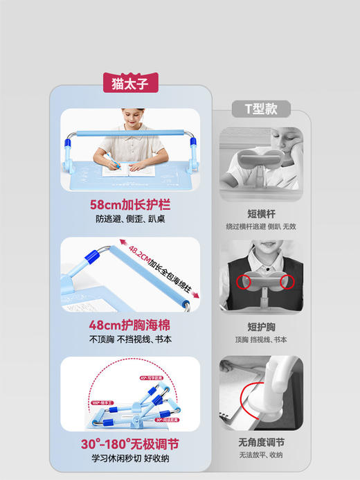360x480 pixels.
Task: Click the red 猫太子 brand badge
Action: (130, 83)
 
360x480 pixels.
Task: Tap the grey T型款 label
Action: (261, 109)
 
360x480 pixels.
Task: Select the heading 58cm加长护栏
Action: (130, 205)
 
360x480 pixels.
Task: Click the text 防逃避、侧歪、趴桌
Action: (130, 220)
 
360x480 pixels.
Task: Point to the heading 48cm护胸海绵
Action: (130, 325)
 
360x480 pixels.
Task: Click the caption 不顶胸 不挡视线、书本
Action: (130, 339)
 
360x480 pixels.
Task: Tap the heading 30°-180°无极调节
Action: (130, 443)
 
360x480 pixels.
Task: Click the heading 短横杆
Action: (261, 213)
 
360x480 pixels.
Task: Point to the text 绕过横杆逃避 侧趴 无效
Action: (261, 226)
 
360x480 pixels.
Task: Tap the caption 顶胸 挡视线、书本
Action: (261, 339)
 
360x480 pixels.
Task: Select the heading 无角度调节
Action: (261, 442)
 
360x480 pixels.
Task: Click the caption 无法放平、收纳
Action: (261, 455)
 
